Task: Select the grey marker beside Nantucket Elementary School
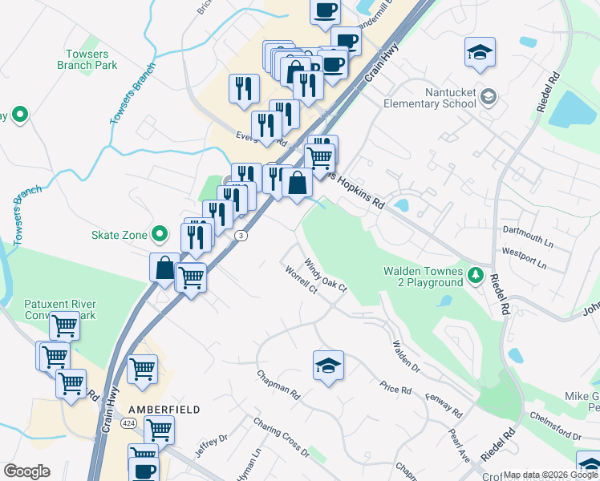[489, 98]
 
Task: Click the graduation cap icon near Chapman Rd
[328, 366]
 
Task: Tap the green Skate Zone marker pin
[160, 235]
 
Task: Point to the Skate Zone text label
[119, 235]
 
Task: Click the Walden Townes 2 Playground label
[424, 277]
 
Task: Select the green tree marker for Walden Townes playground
[476, 276]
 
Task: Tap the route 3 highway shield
[240, 235]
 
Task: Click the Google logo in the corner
[26, 471]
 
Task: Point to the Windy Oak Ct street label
[325, 274]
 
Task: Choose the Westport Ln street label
[523, 257]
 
